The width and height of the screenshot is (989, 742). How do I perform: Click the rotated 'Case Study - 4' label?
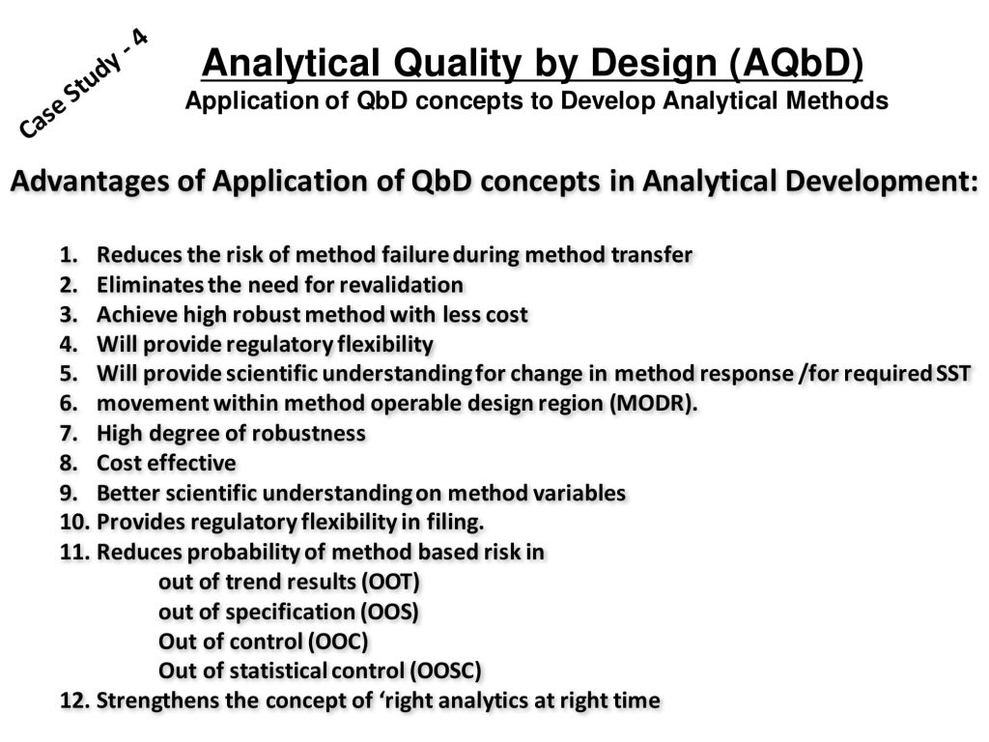point(83,83)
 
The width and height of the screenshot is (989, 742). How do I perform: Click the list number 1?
point(69,255)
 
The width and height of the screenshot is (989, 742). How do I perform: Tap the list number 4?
point(69,345)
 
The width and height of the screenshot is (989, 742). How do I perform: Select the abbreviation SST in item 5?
point(952,374)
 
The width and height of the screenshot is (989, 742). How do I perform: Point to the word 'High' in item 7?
point(119,434)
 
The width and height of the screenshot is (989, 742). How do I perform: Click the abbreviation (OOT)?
point(390,582)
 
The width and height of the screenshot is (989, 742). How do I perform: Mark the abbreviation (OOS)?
point(389,612)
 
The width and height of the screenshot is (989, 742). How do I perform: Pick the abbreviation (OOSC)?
point(445,671)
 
